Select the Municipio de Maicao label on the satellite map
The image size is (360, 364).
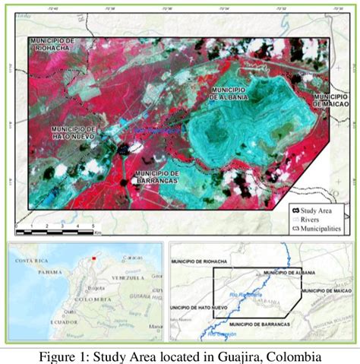331,100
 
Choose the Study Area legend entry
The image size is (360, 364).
317,210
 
